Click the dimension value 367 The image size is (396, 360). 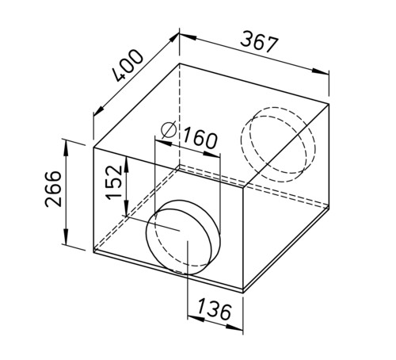(260, 42)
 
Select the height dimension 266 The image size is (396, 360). (53, 189)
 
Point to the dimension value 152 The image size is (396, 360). (114, 182)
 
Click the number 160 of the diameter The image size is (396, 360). (200, 138)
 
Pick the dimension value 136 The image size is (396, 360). (215, 308)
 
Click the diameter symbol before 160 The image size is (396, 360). (169, 130)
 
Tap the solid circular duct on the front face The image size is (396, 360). (183, 237)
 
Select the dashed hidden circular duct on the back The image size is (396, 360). (278, 144)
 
